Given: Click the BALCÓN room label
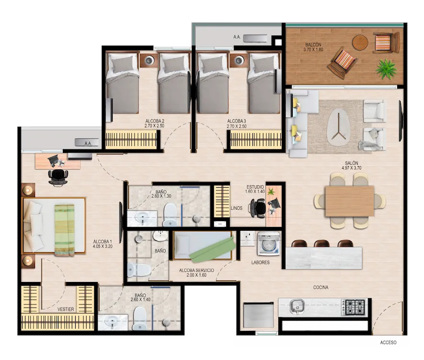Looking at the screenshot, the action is (x=313, y=45).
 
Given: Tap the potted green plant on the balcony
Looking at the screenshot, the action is (x=387, y=69).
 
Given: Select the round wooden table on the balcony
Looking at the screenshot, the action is (x=360, y=43).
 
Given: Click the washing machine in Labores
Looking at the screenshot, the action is (x=269, y=244).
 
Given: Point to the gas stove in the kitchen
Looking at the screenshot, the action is (x=353, y=307).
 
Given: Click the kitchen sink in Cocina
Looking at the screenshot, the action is (x=298, y=306).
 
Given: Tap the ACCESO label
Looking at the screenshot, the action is (x=388, y=342).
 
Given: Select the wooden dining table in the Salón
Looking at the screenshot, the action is (x=350, y=202).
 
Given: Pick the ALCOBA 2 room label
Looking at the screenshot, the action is (x=155, y=121).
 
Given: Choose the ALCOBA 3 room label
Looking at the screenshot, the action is (x=237, y=121).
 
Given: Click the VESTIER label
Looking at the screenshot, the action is (x=66, y=309).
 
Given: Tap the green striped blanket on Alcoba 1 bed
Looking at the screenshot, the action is (x=64, y=230).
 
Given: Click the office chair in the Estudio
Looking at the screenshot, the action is (x=257, y=208).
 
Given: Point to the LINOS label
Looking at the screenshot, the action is (x=237, y=208).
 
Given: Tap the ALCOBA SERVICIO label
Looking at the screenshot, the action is (x=196, y=270).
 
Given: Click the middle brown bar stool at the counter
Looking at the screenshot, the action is (x=321, y=243).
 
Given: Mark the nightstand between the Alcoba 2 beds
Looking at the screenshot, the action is (x=149, y=60).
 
